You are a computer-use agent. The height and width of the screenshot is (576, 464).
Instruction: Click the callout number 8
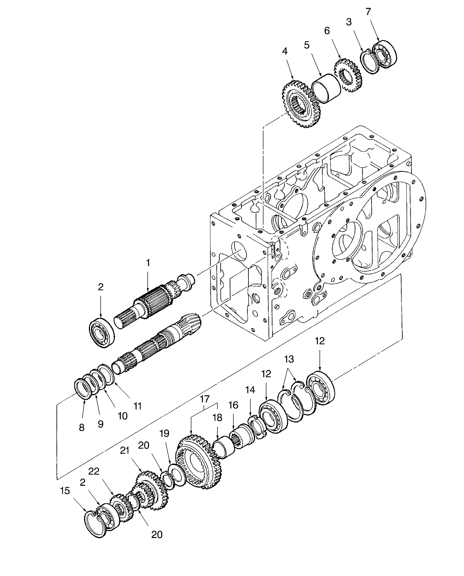coord(82,428)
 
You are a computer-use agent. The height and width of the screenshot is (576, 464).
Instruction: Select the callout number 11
coord(137,406)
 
